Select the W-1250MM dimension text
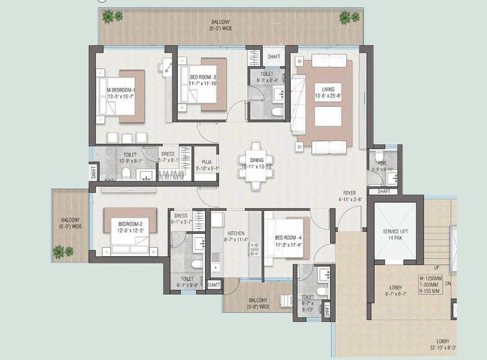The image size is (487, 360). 437,278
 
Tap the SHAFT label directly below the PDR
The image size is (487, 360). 383,191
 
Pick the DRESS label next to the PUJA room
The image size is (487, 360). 168,154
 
